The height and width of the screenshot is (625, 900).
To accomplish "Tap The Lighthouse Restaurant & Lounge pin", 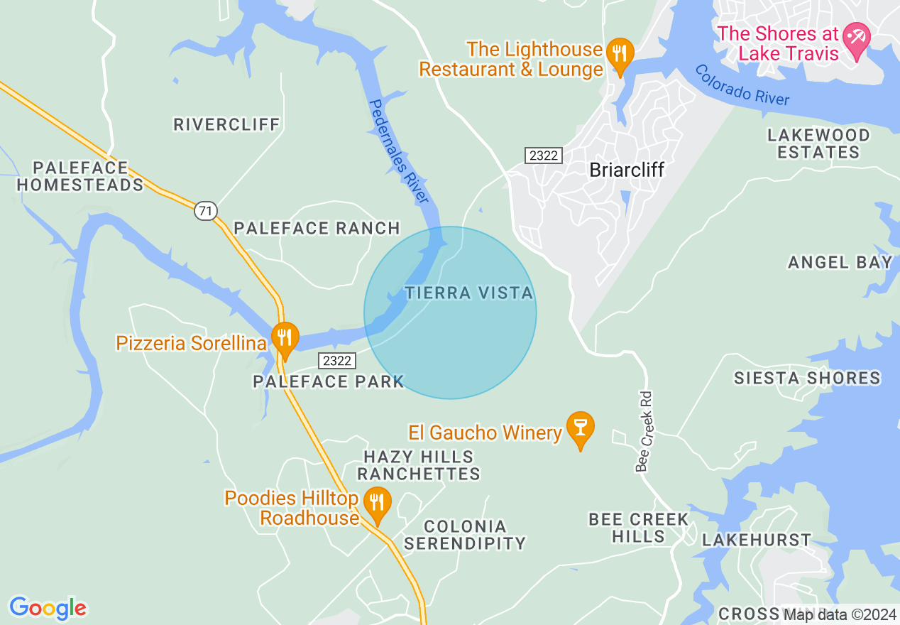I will [x=620, y=53].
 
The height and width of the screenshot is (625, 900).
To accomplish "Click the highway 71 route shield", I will [x=205, y=210].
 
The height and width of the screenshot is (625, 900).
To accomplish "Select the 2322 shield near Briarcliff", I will [x=544, y=156].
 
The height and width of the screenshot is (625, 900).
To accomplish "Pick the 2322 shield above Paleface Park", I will [x=336, y=360].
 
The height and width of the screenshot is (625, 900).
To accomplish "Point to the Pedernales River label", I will [x=399, y=152].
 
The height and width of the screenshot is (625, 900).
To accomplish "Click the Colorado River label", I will [x=742, y=85].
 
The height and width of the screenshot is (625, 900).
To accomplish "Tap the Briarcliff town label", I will [x=627, y=170].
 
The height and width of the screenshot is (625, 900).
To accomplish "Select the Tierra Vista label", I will [x=468, y=293].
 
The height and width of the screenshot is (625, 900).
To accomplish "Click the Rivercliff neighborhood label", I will [x=227, y=124].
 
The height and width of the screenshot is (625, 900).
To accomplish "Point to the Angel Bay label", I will [x=840, y=262].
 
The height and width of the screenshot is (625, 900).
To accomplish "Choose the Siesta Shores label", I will [x=807, y=378].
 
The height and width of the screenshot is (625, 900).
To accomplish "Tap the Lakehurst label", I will [x=756, y=540].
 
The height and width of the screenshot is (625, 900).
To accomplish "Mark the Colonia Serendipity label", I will [x=465, y=535].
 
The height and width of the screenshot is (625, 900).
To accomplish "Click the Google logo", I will [x=48, y=608].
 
